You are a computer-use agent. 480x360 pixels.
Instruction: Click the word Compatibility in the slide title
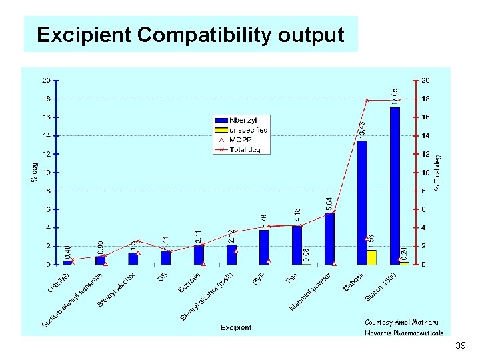coord(191,35)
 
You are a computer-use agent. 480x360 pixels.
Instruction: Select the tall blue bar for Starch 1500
coord(395,187)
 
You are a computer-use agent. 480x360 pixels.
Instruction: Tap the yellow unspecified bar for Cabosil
coord(372,257)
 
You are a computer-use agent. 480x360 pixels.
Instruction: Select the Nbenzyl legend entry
coord(241,121)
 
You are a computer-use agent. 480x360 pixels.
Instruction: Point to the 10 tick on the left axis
coord(47,173)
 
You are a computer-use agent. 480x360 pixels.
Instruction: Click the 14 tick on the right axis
coord(425,135)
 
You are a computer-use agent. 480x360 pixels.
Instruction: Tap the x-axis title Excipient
coord(236,327)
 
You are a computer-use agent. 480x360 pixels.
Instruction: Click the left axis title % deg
coord(34,172)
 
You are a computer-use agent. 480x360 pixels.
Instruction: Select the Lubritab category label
coord(58,283)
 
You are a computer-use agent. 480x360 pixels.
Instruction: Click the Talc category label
coord(291,278)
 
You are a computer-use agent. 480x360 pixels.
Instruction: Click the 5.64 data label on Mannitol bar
coord(329,204)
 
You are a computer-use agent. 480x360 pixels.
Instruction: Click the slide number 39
coord(459,346)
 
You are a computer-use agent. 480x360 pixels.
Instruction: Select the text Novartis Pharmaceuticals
coord(403,333)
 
